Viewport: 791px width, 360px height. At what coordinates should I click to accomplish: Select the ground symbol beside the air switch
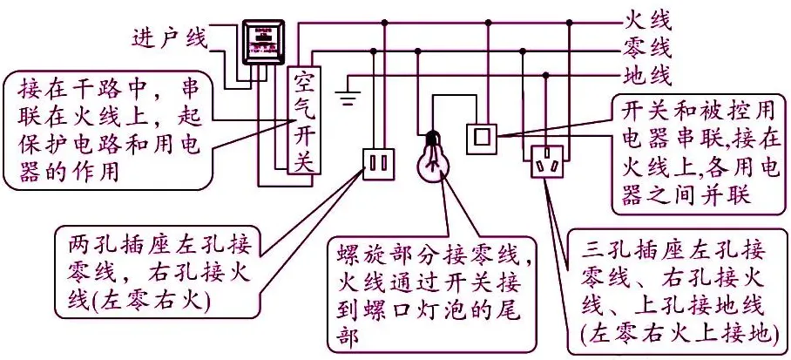[x=350, y=93]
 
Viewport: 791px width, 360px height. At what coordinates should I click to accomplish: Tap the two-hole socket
[x=378, y=163]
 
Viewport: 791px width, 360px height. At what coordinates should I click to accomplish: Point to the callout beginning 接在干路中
[x=112, y=130]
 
